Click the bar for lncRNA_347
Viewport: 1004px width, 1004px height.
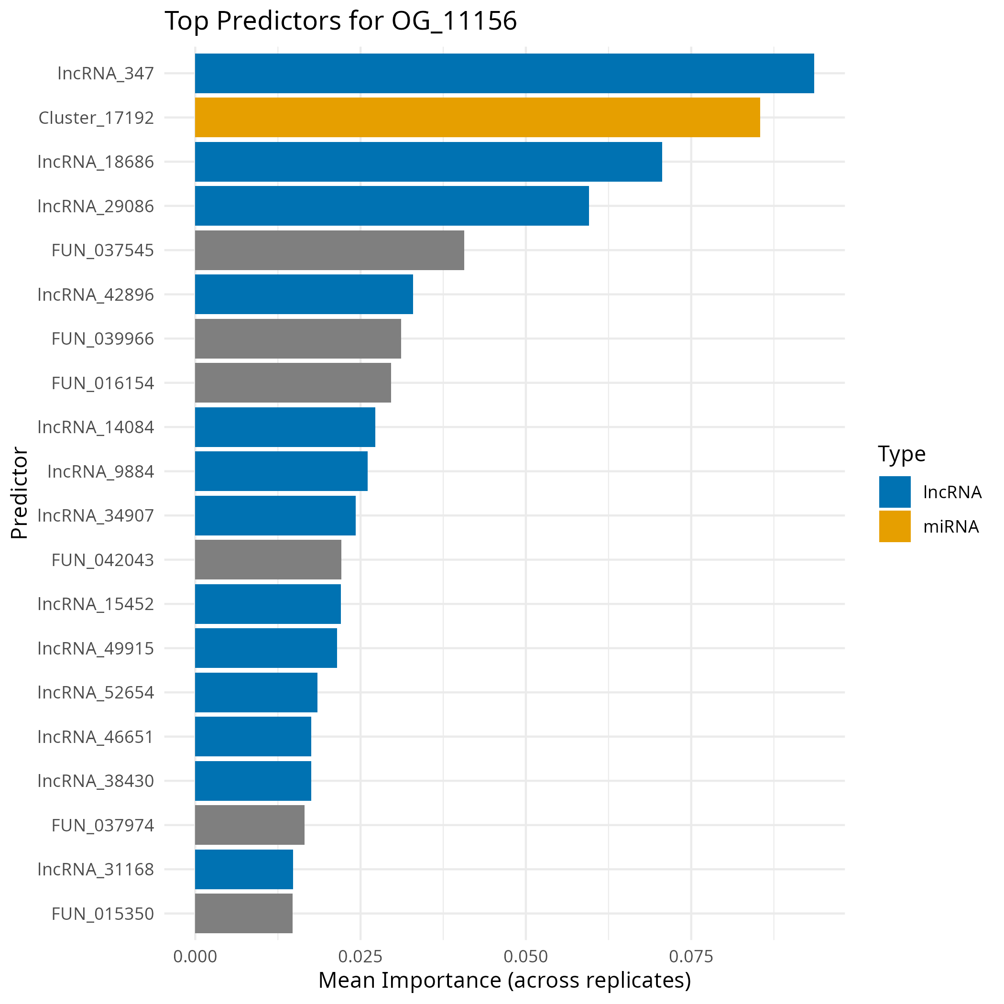click(504, 73)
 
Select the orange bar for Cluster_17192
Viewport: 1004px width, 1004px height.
click(477, 118)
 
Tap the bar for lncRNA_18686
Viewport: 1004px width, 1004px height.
click(428, 162)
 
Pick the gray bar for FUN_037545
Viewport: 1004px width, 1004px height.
click(329, 250)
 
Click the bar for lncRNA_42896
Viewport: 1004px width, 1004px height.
click(304, 294)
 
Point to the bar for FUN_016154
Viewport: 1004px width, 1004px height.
click(293, 383)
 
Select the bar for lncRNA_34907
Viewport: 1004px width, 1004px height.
click(275, 515)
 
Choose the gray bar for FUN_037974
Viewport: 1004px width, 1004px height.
click(250, 825)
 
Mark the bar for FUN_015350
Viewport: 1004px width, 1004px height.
click(244, 913)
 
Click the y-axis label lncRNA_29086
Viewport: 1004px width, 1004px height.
click(96, 207)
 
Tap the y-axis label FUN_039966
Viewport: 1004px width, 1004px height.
click(103, 339)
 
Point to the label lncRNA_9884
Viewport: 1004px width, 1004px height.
click(101, 471)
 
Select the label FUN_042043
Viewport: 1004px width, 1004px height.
click(103, 560)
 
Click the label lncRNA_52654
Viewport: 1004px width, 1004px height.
click(96, 693)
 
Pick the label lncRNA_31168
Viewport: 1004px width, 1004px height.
click(96, 869)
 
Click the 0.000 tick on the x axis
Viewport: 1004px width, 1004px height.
click(195, 957)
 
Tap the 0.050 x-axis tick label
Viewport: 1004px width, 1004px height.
click(525, 957)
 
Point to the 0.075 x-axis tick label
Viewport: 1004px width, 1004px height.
click(691, 957)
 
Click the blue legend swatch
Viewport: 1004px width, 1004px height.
click(895, 491)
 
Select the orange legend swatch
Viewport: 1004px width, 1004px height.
click(895, 526)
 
